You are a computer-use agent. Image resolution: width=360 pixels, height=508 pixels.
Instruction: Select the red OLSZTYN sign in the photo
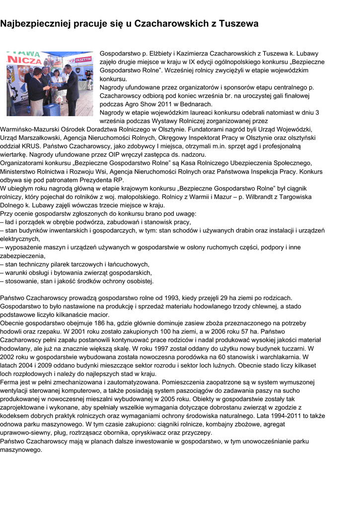coord(83,59)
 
